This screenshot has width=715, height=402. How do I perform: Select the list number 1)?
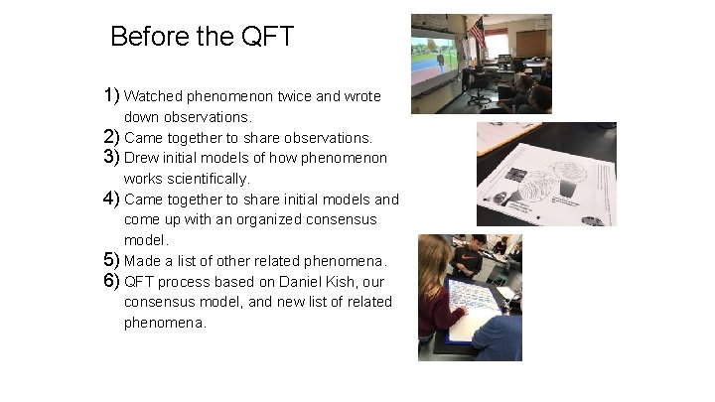tap(111, 96)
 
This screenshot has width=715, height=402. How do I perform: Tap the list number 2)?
tap(111, 137)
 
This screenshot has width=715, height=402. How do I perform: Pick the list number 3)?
tap(111, 158)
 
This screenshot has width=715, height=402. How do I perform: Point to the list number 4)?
tap(111, 199)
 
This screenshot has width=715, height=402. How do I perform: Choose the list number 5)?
tap(111, 260)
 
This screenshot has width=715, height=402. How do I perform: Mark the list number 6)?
tap(111, 281)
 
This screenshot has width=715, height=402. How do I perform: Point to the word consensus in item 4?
tap(343, 219)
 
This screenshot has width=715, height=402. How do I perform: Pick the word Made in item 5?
tap(142, 261)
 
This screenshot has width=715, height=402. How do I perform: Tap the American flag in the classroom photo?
tap(478, 34)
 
